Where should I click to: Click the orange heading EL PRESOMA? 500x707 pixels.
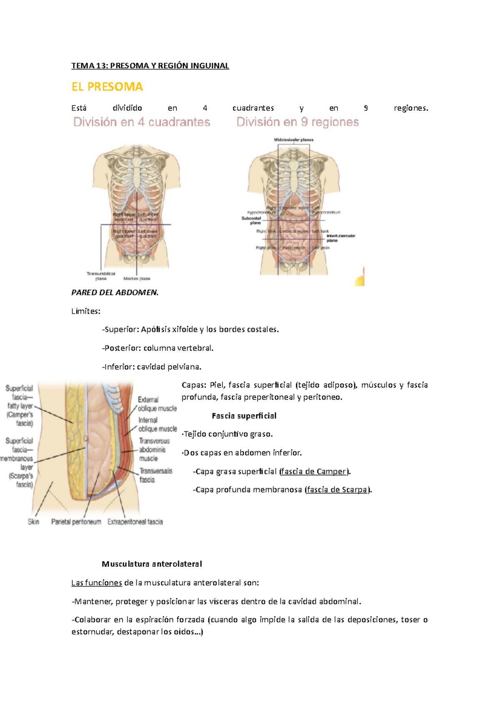pyautogui.click(x=107, y=87)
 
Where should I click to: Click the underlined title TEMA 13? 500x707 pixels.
pyautogui.click(x=150, y=66)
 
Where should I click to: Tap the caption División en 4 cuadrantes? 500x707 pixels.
pyautogui.click(x=142, y=122)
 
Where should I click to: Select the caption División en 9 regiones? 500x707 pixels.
pyautogui.click(x=297, y=122)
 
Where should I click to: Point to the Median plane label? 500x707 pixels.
pyautogui.click(x=137, y=279)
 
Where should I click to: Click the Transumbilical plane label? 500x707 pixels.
pyautogui.click(x=101, y=276)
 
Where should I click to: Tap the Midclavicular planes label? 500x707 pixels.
pyautogui.click(x=293, y=140)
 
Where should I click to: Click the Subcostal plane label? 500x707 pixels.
pyautogui.click(x=251, y=220)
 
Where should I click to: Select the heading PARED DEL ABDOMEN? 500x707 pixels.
pyautogui.click(x=115, y=292)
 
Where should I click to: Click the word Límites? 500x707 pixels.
pyautogui.click(x=85, y=311)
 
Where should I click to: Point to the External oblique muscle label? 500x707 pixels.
pyautogui.click(x=157, y=404)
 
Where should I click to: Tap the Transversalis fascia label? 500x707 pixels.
pyautogui.click(x=155, y=475)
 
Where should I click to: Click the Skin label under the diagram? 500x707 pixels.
pyautogui.click(x=33, y=522)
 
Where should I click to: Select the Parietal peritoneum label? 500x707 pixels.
pyautogui.click(x=76, y=522)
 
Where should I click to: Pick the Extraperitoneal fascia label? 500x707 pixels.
pyautogui.click(x=135, y=522)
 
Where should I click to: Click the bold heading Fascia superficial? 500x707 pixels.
pyautogui.click(x=244, y=416)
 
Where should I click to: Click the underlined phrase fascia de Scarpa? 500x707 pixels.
pyautogui.click(x=337, y=490)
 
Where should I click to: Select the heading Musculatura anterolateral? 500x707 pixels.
pyautogui.click(x=152, y=564)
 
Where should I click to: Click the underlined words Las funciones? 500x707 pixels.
pyautogui.click(x=96, y=583)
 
